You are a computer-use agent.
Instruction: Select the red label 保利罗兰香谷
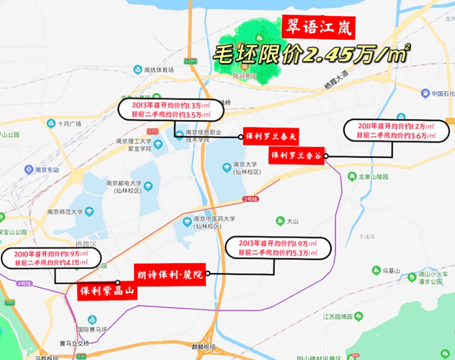297,155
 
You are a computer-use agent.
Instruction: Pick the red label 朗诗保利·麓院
172,271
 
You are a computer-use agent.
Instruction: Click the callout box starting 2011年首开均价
397,130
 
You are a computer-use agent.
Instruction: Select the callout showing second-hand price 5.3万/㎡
277,247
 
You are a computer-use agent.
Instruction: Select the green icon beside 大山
278,221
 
